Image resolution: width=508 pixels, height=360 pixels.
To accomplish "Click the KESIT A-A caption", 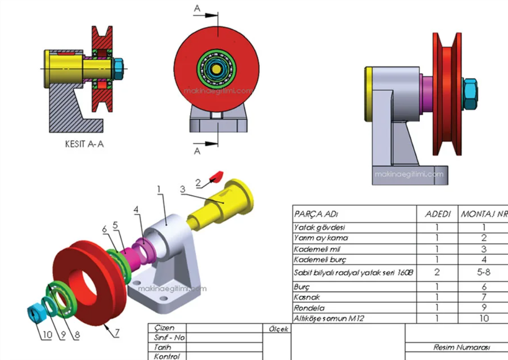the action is tap(84, 144).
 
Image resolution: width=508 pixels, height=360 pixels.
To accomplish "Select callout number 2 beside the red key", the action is tap(199, 183).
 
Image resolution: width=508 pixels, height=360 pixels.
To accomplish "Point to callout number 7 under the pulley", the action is tap(117, 333).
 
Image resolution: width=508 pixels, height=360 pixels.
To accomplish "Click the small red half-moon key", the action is tap(217, 175).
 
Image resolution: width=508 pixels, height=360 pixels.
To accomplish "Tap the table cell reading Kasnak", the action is tap(307, 297).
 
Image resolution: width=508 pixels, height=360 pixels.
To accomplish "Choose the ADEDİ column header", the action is tap(437, 214).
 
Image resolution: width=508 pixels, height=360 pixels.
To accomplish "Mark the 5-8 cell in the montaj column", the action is tap(483, 272).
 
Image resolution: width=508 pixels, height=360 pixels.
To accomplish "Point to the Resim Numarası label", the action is tap(457, 347).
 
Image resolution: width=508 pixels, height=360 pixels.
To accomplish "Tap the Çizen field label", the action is tap(165, 328).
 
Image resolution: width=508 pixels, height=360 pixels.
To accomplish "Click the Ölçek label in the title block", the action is tap(278, 329).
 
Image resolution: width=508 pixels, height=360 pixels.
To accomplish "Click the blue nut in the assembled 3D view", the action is tap(470, 95).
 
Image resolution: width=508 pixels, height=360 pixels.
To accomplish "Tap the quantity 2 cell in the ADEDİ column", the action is tap(437, 272).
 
